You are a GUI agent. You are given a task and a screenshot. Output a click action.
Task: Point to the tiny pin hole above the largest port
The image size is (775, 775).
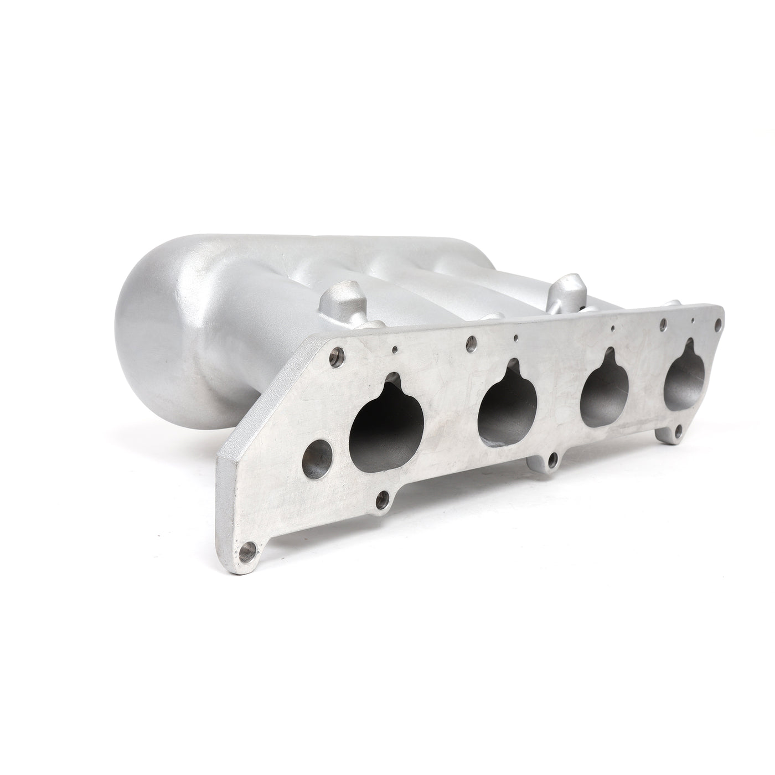click(x=395, y=349)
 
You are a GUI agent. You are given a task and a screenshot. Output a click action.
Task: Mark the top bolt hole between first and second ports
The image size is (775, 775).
click(x=472, y=340)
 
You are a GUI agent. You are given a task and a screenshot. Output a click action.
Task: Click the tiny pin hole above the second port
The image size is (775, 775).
click(x=516, y=336)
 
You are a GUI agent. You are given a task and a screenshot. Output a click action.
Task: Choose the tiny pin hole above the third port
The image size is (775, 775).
click(x=612, y=329)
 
